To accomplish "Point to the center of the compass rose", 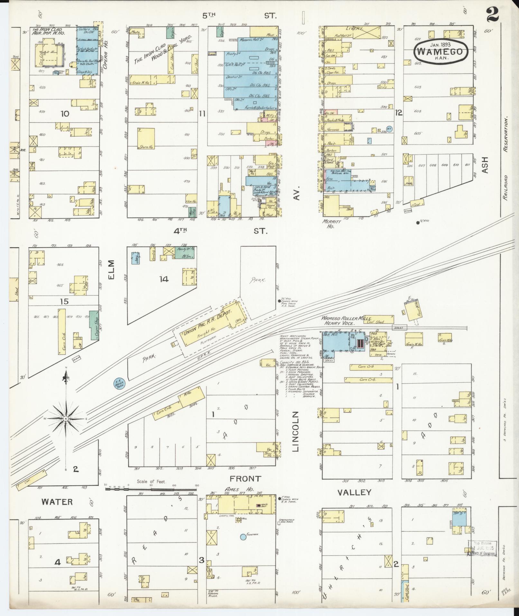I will point(66,418).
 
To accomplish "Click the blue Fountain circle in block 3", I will point(243,537).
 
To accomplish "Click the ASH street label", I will point(485,165).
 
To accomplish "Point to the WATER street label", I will point(57,502).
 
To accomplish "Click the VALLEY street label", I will point(354,492).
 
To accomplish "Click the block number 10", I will point(65,113).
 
